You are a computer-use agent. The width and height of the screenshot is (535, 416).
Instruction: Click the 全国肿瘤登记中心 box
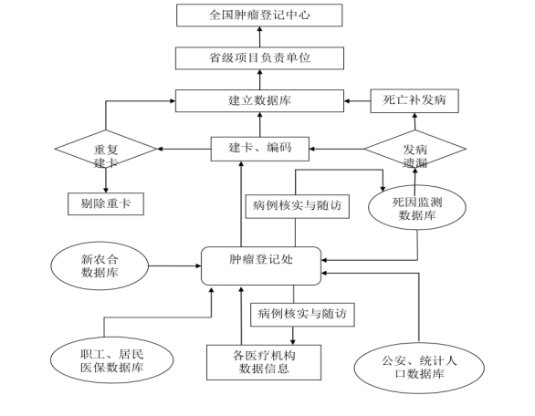coord(259,16)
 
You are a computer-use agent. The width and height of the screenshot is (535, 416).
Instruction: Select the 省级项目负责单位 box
coord(259,58)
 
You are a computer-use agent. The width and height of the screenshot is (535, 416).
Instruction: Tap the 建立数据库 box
coord(259,101)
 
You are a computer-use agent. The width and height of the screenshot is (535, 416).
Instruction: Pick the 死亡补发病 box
coord(414,101)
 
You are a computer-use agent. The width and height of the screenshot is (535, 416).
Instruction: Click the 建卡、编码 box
coord(260,149)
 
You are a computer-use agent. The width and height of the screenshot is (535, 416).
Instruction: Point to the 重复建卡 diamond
coord(106,149)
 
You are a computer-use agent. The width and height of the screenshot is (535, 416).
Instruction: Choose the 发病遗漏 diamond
coord(415,149)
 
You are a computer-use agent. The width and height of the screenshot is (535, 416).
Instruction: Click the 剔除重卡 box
coord(106,204)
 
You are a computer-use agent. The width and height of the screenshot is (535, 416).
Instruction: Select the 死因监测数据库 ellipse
coord(417,208)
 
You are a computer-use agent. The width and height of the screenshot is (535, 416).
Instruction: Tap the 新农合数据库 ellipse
coord(100,266)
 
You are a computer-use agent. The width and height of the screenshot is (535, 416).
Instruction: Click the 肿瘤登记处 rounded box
coord(261,266)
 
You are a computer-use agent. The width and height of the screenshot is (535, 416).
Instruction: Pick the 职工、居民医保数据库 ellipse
coord(112,360)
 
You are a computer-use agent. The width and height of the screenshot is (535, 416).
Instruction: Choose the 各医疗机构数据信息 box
coord(264,362)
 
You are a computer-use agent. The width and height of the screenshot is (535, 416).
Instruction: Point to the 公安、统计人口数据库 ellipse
coord(419,368)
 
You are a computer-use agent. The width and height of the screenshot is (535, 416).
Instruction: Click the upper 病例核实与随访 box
coord(298,207)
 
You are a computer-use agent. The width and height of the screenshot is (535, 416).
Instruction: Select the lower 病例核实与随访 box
coord(302,315)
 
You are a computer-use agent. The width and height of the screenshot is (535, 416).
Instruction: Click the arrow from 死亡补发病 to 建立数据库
coord(357,101)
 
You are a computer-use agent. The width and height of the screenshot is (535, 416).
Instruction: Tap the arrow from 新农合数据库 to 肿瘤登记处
coord(175,266)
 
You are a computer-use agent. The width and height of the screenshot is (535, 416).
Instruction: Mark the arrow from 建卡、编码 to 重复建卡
coord(184,149)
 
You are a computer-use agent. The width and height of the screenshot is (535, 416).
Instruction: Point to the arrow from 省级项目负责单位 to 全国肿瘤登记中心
coord(259,36)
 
